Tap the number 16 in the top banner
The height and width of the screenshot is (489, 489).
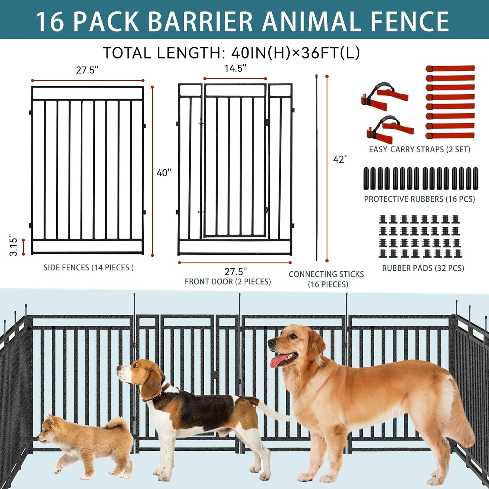click(x=50, y=22)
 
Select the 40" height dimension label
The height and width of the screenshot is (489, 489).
click(x=164, y=173)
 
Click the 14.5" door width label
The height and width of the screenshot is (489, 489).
click(x=235, y=68)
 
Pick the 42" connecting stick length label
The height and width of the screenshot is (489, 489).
click(x=340, y=159)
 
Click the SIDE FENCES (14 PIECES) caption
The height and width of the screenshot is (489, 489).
click(x=88, y=268)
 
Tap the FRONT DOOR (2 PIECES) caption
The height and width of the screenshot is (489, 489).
click(x=227, y=282)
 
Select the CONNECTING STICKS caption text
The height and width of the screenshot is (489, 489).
click(x=326, y=274)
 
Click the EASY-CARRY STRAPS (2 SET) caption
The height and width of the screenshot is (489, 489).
click(x=419, y=150)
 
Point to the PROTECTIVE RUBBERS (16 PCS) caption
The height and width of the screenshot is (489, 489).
click(x=419, y=199)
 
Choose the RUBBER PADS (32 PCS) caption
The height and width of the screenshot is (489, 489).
click(x=423, y=268)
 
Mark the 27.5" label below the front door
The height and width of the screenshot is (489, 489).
click(x=236, y=271)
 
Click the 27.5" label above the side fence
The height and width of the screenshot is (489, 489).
click(x=87, y=70)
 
